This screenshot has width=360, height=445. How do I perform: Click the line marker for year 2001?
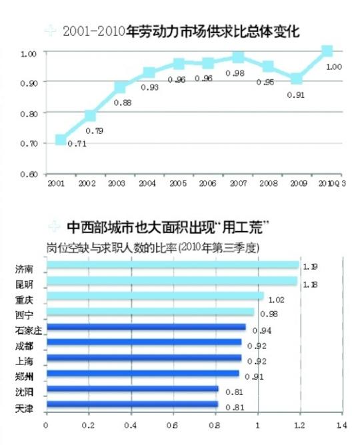tap(61, 139)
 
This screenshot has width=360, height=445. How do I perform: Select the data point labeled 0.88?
tap(120, 87)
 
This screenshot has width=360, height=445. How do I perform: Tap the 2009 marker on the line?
tap(296, 79)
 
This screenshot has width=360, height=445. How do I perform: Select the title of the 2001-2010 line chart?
tap(181, 31)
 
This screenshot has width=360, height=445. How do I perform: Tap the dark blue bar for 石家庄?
tap(146, 327)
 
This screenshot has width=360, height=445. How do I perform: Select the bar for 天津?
tap(132, 404)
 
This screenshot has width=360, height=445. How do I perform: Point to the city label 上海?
tap(23, 361)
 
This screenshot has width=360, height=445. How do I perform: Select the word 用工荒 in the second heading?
tap(239, 228)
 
